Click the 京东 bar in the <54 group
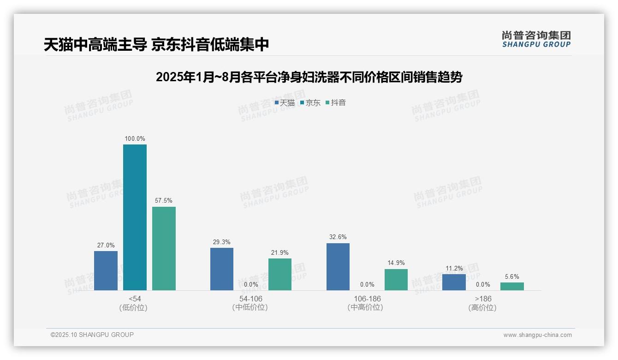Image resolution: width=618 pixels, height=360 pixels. click(135, 217)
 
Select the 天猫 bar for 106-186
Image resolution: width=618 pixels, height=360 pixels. click(338, 267)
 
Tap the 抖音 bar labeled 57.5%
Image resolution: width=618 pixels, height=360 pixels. click(164, 248)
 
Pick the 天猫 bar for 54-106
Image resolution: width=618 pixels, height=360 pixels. click(222, 269)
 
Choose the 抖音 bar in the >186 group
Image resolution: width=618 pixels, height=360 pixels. click(512, 286)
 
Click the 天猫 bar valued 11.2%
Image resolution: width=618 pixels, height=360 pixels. click(454, 282)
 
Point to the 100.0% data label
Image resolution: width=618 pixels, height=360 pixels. click(135, 138)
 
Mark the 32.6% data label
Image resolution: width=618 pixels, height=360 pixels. click(338, 237)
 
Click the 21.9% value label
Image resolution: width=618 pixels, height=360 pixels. click(280, 252)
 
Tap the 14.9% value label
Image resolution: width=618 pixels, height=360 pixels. click(396, 263)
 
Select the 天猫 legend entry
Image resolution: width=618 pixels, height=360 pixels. click(285, 103)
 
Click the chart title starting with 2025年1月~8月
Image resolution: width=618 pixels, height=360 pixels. click(309, 77)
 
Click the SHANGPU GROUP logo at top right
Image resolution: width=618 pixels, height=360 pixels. click(536, 39)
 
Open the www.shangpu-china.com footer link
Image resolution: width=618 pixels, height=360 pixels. click(537, 335)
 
